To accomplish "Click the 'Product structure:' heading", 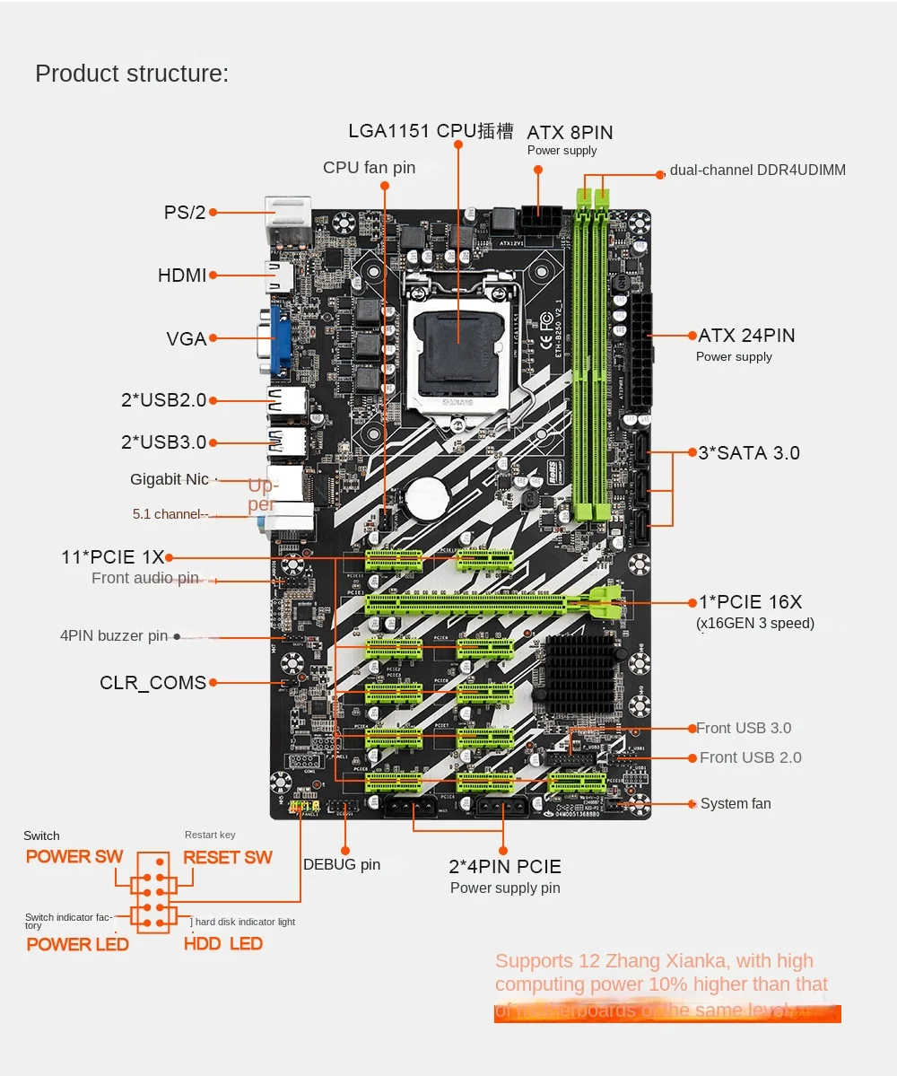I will click(x=132, y=74).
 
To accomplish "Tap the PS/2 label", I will click(x=185, y=213).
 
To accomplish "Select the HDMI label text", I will click(x=182, y=276).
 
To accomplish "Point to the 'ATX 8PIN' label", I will click(x=570, y=133).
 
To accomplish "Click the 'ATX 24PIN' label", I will click(x=746, y=336).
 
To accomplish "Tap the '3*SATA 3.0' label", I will click(x=749, y=453).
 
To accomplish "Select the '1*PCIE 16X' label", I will click(x=750, y=602).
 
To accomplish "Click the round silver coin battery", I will click(x=427, y=496).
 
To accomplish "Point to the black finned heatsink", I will click(x=579, y=670).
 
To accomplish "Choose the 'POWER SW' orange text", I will click(x=74, y=856).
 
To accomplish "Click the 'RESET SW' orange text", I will click(x=228, y=857).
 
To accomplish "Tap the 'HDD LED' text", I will click(x=223, y=944).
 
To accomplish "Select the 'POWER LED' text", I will click(x=78, y=944).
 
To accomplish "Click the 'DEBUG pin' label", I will click(x=342, y=865).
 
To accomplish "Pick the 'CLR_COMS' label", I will click(x=153, y=683).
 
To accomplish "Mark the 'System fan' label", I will click(x=736, y=804).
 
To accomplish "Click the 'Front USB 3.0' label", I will click(x=744, y=728).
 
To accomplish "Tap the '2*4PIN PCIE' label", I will click(x=505, y=867).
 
